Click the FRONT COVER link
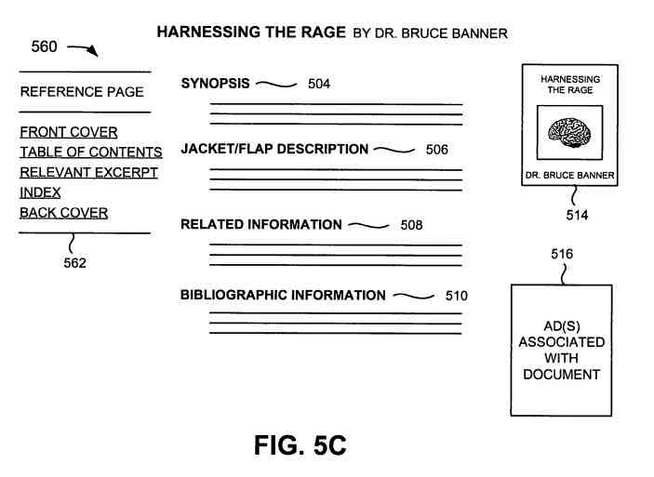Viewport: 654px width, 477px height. (x=69, y=132)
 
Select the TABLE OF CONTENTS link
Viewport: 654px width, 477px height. (x=91, y=152)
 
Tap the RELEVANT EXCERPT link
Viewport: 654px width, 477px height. (x=88, y=173)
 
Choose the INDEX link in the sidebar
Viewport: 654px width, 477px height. (x=40, y=192)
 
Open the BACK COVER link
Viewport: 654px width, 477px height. (x=63, y=213)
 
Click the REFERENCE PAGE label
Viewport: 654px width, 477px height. (x=82, y=92)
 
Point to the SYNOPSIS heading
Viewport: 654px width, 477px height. (x=215, y=84)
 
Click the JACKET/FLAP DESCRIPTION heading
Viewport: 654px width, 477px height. (x=274, y=149)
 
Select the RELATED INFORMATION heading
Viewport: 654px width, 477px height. (x=261, y=224)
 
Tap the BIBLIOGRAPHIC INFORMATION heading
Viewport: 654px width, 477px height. (x=283, y=296)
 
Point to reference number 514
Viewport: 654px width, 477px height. (x=576, y=216)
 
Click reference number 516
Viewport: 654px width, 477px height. (x=561, y=254)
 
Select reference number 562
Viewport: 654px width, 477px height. (x=74, y=263)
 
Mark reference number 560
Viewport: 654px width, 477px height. (x=44, y=47)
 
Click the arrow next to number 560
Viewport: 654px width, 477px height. (x=83, y=50)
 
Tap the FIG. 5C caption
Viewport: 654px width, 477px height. (x=300, y=445)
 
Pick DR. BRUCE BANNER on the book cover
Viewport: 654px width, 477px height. (x=569, y=176)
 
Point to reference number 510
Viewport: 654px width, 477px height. (x=456, y=297)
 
